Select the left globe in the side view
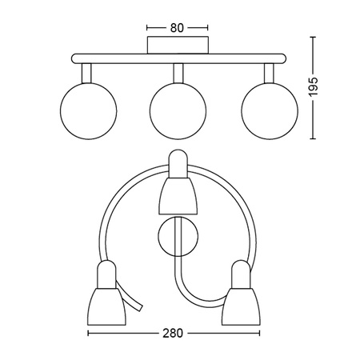pyautogui.click(x=86, y=106)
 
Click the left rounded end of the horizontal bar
pyautogui.click(x=74, y=58)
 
